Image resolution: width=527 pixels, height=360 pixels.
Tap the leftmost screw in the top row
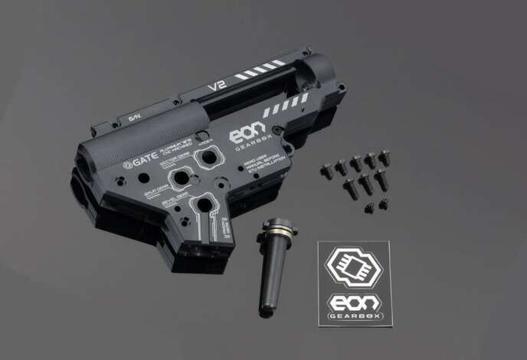point(321,166)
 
